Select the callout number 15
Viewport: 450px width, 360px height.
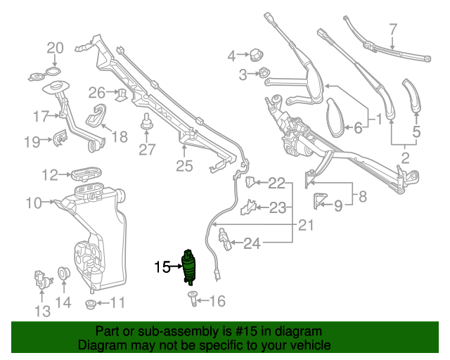pos(162,266)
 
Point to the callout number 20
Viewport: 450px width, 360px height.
pos(55,48)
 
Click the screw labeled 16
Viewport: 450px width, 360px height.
pos(192,301)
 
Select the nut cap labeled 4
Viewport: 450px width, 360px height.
pos(256,54)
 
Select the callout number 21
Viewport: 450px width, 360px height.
pos(305,225)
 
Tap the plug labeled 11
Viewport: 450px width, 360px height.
pos(90,304)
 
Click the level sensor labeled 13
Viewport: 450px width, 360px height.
pos(44,281)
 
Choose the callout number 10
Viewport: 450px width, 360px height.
pos(34,203)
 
